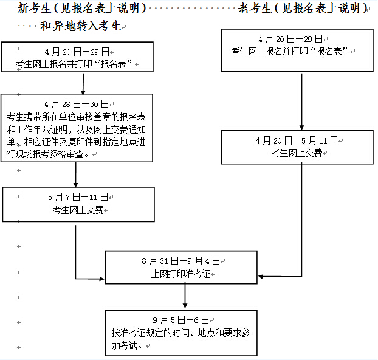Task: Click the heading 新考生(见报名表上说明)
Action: [82, 8]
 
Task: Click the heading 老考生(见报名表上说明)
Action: [303, 8]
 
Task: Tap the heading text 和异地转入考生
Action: [80, 26]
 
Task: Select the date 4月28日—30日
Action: [77, 104]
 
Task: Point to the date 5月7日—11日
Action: [78, 197]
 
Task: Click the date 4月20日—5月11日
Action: [297, 140]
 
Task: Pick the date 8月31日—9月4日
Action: [181, 261]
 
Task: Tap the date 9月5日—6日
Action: [181, 320]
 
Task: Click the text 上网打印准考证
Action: [181, 274]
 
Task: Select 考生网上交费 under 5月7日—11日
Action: [78, 210]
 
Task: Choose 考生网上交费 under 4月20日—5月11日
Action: [297, 153]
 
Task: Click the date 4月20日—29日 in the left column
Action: [77, 52]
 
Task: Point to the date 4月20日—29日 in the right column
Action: [290, 39]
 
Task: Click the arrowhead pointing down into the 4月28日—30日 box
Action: [83, 92]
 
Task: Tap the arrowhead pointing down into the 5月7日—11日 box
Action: [76, 185]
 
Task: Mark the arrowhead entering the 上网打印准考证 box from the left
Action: [102, 279]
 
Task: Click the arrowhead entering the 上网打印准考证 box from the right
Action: [261, 277]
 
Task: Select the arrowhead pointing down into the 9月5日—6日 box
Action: [185, 306]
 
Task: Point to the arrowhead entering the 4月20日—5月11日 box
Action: [301, 128]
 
